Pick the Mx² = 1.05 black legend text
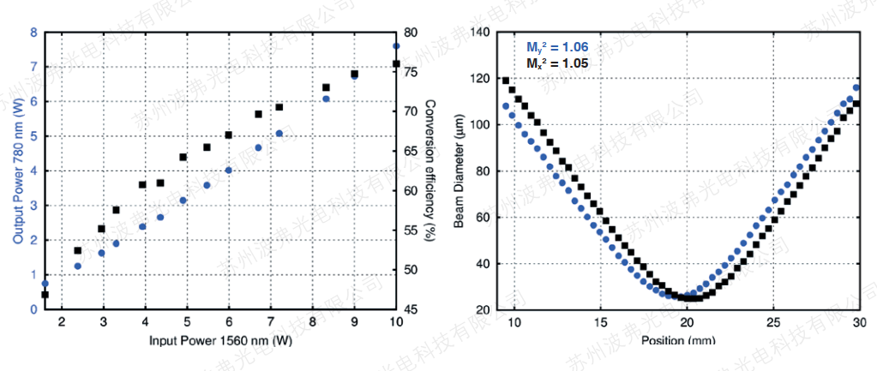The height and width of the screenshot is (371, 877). click(557, 63)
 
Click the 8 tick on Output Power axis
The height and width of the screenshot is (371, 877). click(33, 33)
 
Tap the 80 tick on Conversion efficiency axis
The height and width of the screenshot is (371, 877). click(411, 33)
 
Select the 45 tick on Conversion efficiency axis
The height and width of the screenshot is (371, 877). click(411, 309)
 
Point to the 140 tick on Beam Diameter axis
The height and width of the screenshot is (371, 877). click(478, 33)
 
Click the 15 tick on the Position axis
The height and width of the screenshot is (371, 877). click(601, 323)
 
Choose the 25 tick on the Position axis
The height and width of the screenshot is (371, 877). click(773, 323)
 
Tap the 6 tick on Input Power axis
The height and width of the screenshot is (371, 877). click(229, 322)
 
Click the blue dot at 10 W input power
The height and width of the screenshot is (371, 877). click(396, 46)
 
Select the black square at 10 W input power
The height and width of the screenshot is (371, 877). click(396, 64)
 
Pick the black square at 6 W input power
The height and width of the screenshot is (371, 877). click(229, 135)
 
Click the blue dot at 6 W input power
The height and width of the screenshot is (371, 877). click(229, 170)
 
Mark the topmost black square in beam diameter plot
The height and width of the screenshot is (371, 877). click(505, 81)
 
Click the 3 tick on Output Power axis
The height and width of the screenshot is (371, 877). click(33, 206)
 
